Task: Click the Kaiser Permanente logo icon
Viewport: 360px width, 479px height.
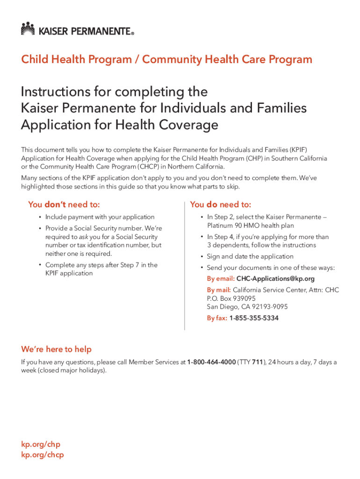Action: (x=28, y=29)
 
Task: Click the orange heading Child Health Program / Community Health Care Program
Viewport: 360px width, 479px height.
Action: (x=166, y=59)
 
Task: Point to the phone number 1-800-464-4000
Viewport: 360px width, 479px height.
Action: (x=211, y=362)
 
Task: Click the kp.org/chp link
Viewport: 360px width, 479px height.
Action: (x=41, y=444)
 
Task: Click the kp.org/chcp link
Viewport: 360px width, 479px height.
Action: (x=43, y=454)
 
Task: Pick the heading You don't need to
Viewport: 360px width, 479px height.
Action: (x=64, y=204)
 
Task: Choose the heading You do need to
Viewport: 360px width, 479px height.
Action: (x=221, y=204)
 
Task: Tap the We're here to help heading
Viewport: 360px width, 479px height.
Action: (x=56, y=349)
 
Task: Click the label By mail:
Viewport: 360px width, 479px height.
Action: (x=219, y=290)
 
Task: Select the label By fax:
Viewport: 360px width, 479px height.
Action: (x=217, y=318)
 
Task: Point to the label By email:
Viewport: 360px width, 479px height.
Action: (x=221, y=279)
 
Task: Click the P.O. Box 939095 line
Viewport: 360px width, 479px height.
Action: (x=231, y=298)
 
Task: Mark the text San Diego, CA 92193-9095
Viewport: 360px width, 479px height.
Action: (x=247, y=307)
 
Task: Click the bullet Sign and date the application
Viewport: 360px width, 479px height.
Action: (x=250, y=256)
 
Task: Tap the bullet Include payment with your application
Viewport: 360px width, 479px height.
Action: (x=100, y=217)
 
